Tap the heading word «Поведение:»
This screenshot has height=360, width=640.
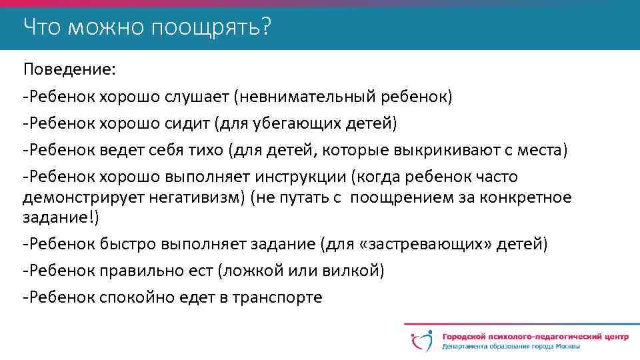60,69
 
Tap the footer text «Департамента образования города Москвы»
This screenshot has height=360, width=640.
510,347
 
